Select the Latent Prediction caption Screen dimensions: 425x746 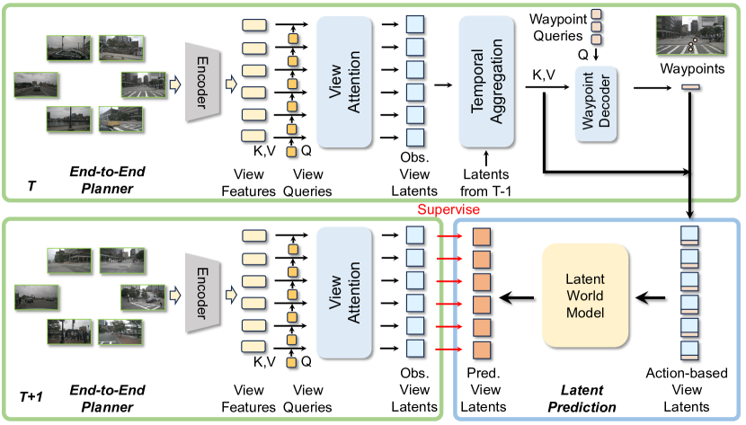(588, 399)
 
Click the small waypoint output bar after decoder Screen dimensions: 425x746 (690, 87)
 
